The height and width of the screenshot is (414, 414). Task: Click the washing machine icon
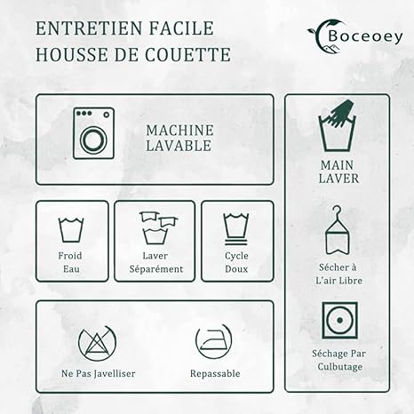[93, 133]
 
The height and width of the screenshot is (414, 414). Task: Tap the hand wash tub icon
[337, 126]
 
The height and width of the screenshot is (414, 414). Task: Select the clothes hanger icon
[337, 230]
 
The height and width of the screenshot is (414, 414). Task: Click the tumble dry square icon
[339, 320]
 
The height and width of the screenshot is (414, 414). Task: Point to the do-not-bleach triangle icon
[97, 342]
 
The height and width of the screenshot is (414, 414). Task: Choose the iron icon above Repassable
[213, 341]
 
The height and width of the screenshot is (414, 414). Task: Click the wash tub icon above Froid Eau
[71, 230]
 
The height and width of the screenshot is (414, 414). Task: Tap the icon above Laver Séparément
[158, 227]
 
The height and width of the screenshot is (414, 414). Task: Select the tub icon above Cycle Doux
[236, 229]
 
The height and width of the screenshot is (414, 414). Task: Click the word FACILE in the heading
[181, 28]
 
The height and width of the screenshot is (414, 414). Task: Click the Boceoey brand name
[365, 36]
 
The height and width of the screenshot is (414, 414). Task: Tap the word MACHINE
[179, 131]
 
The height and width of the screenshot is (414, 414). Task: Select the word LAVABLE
[179, 146]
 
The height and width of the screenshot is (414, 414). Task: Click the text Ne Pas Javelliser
[99, 373]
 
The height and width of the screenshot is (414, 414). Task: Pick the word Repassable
[215, 373]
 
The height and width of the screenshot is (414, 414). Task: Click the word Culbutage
[340, 367]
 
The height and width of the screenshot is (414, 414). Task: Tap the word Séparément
[156, 269]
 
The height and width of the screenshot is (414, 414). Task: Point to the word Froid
[70, 256]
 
